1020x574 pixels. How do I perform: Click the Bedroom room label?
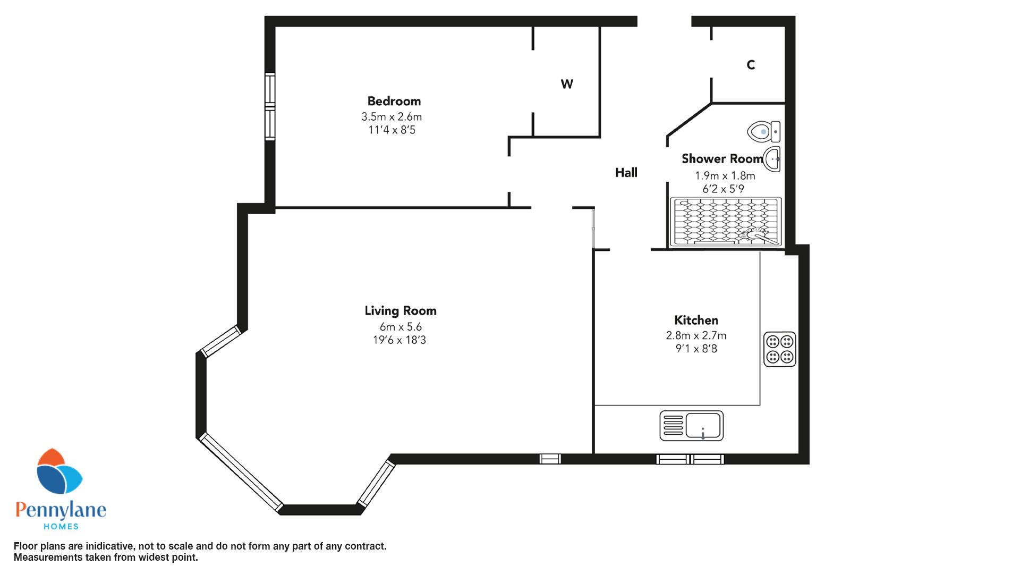394,101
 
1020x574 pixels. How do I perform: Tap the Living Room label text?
401,311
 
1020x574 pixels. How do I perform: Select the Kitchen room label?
696,320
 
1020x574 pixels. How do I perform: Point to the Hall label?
626,172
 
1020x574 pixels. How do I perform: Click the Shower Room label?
722,158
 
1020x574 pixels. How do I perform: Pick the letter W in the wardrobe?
567,84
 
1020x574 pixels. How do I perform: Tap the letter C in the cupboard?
751,65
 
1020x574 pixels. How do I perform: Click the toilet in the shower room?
764,131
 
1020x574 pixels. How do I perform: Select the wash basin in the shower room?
772,159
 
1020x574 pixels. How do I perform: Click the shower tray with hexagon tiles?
726,222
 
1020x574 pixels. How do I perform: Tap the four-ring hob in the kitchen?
780,349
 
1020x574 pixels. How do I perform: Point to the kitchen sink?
692,425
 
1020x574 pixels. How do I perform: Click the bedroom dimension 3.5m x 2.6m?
392,117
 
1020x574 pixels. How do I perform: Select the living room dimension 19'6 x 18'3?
399,340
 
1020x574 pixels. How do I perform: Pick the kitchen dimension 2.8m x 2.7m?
696,336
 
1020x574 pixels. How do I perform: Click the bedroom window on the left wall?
270,106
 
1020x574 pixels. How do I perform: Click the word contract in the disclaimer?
365,546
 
